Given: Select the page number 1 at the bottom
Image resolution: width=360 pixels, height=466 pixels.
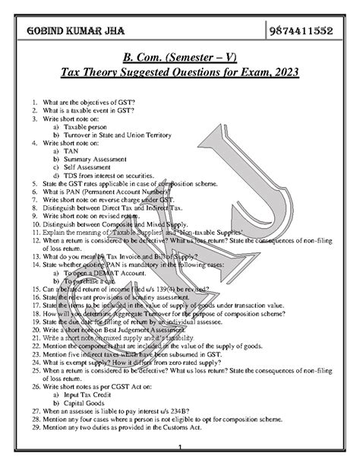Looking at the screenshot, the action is tap(180, 447).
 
